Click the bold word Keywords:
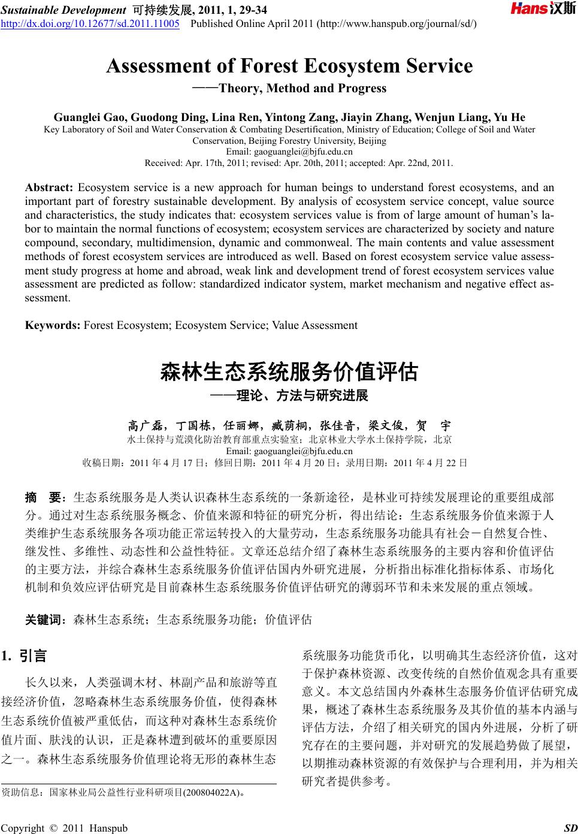tap(53, 325)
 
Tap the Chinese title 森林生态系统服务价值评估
tap(289, 371)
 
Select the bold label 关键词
tap(44, 620)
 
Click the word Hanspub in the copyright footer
tap(108, 827)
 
